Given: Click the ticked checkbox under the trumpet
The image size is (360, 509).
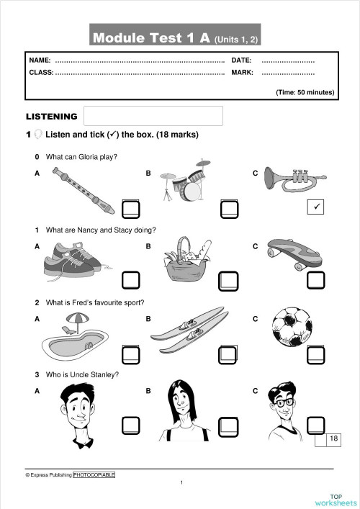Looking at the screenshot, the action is click(316, 208).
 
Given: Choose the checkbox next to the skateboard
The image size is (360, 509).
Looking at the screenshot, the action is click(316, 280).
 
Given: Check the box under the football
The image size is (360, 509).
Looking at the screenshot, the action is click(316, 353).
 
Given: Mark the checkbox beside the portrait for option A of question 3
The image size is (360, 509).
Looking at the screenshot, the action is click(131, 425).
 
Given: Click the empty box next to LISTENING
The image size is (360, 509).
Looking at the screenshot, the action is click(153, 116).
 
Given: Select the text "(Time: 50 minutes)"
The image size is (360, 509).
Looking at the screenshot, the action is click(305, 92).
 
